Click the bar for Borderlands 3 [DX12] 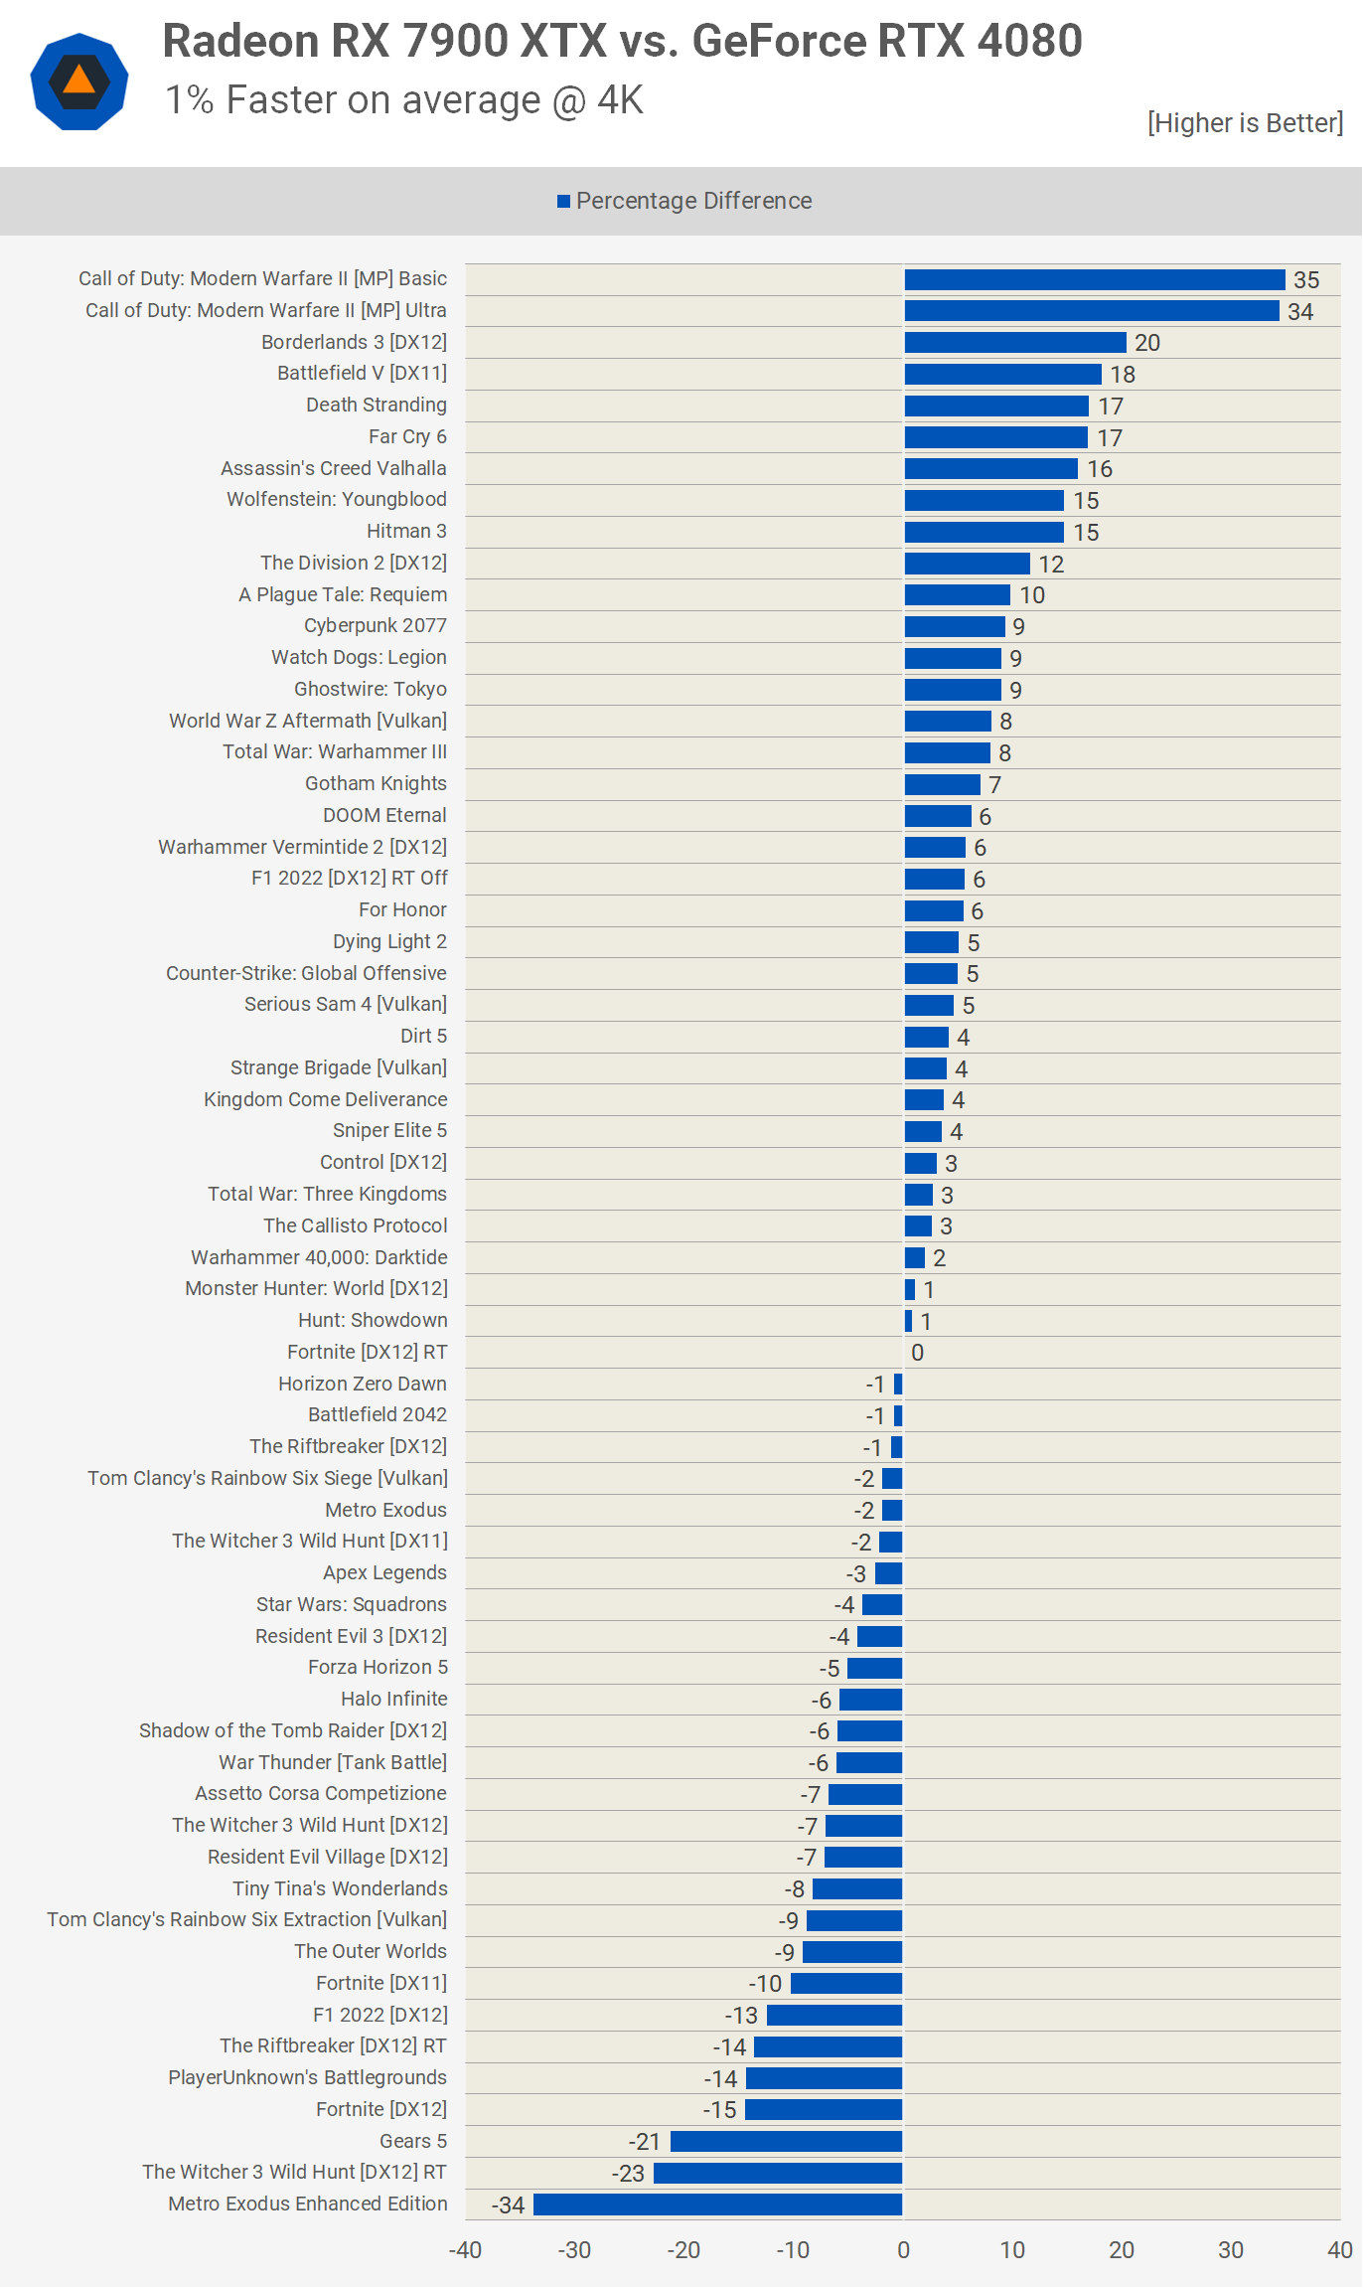pyautogui.click(x=1015, y=343)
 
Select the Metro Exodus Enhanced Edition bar pyautogui.click(x=718, y=2205)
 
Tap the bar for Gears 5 pyautogui.click(x=787, y=2141)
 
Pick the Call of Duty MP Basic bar pyautogui.click(x=1095, y=279)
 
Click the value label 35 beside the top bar pyautogui.click(x=1306, y=280)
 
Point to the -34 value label pyautogui.click(x=508, y=2205)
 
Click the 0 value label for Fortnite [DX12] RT pyautogui.click(x=918, y=1353)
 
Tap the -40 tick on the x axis pyautogui.click(x=465, y=2250)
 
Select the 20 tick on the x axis pyautogui.click(x=1122, y=2250)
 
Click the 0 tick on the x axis pyautogui.click(x=903, y=2250)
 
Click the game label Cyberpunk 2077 pyautogui.click(x=376, y=625)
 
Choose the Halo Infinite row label pyautogui.click(x=393, y=1699)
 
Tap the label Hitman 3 pyautogui.click(x=406, y=531)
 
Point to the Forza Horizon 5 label pyautogui.click(x=378, y=1667)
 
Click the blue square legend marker pyautogui.click(x=563, y=202)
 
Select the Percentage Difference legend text pyautogui.click(x=694, y=201)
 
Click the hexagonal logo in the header pyautogui.click(x=79, y=82)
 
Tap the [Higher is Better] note pyautogui.click(x=1245, y=122)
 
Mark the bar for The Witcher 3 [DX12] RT pyautogui.click(x=778, y=2173)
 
